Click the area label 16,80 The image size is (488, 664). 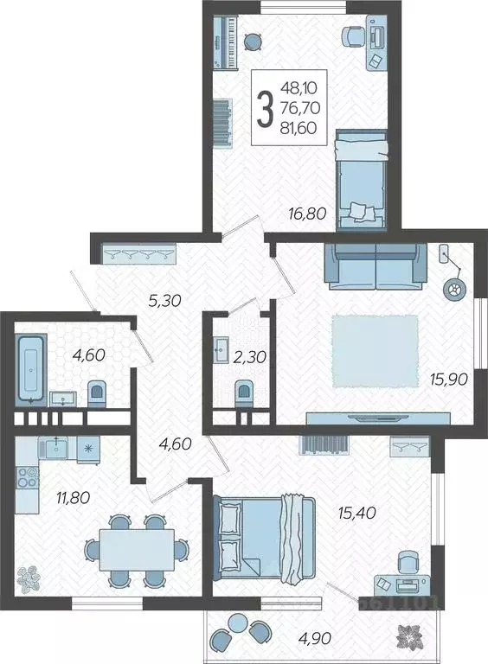tap(307, 214)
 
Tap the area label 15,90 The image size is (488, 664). tap(449, 379)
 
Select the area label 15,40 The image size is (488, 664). tap(357, 513)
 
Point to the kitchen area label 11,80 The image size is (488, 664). tap(74, 497)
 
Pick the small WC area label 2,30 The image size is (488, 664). tap(250, 357)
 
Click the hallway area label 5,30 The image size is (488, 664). tap(164, 301)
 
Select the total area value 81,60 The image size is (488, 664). tap(299, 127)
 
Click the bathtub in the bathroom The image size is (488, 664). tap(31, 368)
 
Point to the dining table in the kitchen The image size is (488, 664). tap(137, 549)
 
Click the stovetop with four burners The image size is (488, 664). tap(27, 477)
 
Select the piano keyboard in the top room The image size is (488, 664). tap(225, 41)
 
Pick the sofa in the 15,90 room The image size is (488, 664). tap(376, 265)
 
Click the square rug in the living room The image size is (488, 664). tap(375, 351)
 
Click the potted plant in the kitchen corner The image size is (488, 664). tap(29, 579)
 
